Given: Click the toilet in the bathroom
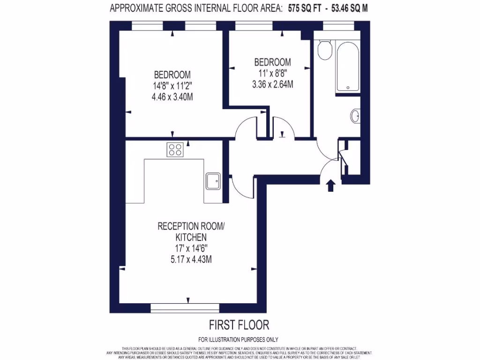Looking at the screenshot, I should pos(324,50).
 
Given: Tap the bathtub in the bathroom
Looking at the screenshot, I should pos(347,66).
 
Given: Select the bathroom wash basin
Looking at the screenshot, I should pos(355,115).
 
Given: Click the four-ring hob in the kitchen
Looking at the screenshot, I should pos(175,150).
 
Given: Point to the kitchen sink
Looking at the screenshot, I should pos(213,180).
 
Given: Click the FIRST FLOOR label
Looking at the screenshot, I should pos(239,324).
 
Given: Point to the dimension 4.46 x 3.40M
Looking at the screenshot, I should pos(172,97).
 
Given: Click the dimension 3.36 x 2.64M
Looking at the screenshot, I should pos(272,84).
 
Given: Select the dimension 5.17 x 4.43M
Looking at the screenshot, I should pos(190,259).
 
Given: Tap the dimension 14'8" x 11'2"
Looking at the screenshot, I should pos(172,86).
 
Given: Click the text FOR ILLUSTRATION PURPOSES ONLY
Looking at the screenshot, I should pos(239,339).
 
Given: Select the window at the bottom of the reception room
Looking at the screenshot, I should pos(185,307).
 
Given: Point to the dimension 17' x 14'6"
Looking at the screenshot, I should pos(190,248).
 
